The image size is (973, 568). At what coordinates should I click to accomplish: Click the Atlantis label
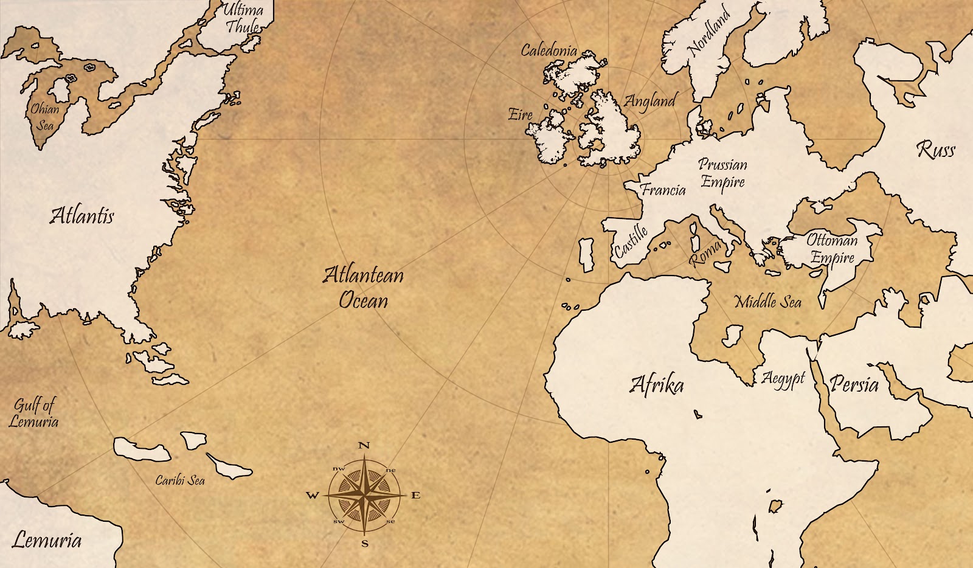(81, 216)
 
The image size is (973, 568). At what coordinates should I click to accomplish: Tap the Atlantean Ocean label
(363, 287)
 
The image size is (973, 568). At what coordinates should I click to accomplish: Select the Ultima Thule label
(243, 18)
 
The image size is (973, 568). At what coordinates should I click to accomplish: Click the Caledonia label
(549, 50)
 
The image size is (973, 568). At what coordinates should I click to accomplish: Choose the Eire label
(521, 114)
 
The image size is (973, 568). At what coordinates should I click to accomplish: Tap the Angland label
(650, 101)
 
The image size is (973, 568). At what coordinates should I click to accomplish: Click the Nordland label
(708, 32)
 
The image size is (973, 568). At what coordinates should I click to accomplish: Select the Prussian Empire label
(722, 173)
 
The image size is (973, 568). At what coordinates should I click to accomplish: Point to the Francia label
(663, 190)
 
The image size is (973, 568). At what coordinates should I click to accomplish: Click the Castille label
(631, 241)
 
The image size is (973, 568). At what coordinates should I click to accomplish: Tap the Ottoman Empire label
(832, 249)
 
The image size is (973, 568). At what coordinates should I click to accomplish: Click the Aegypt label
(783, 379)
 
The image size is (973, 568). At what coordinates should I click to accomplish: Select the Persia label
(854, 384)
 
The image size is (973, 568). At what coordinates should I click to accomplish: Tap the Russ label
(935, 150)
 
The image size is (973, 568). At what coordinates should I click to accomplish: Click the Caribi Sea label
(180, 480)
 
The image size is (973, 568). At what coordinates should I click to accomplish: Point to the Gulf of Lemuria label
(34, 413)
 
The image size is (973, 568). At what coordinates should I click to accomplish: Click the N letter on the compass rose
(364, 445)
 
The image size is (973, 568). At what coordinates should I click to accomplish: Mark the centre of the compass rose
(364, 494)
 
